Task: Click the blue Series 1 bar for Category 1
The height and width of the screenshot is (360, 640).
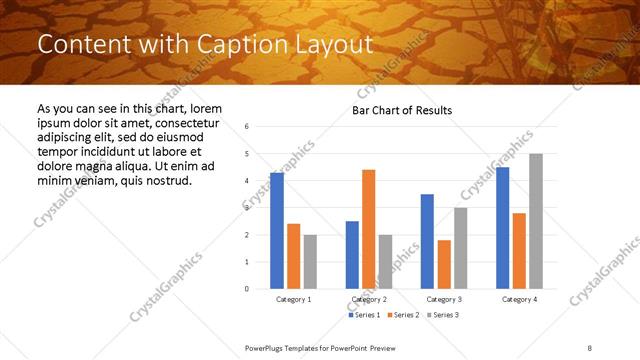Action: pyautogui.click(x=277, y=231)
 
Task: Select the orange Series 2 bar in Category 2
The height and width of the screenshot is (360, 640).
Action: pyautogui.click(x=368, y=229)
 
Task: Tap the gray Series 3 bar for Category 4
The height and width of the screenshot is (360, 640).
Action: pyautogui.click(x=536, y=221)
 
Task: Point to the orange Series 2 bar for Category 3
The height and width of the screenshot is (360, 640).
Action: pyautogui.click(x=444, y=264)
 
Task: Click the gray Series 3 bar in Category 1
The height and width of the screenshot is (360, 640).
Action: pyautogui.click(x=310, y=261)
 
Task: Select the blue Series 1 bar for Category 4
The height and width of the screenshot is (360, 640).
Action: pyautogui.click(x=502, y=228)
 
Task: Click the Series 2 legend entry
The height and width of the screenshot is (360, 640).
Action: pyautogui.click(x=402, y=315)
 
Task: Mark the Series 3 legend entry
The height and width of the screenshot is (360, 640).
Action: pyautogui.click(x=441, y=315)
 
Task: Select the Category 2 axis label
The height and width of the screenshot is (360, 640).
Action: pyautogui.click(x=369, y=299)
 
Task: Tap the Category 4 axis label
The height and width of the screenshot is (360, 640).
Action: pyautogui.click(x=519, y=299)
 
